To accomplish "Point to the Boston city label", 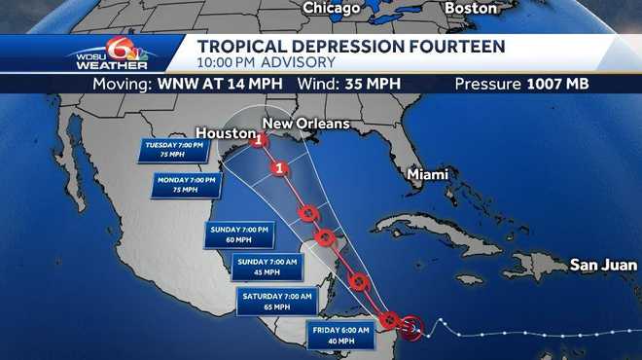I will [471, 8].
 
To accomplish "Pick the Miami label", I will [428, 175].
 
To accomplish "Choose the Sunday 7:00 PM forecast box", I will [236, 234].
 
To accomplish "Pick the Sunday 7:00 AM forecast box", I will [266, 266].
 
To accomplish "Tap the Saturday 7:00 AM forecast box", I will [276, 300].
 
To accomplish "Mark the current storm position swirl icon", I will [411, 327].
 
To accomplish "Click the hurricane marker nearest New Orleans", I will [259, 140].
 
